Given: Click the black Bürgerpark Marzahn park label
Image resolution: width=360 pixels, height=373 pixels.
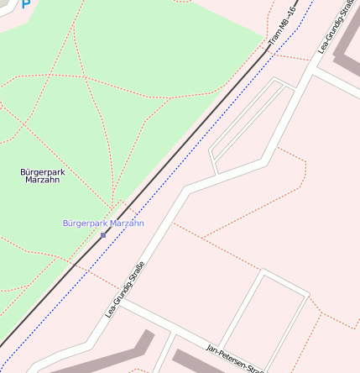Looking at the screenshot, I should coord(43,176).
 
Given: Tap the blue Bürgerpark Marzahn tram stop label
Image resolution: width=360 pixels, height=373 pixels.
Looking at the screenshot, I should coord(103,223).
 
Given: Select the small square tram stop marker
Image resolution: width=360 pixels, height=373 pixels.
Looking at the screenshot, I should coord(103,235).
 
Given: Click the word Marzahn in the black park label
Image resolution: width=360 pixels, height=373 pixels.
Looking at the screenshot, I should coord(43,180).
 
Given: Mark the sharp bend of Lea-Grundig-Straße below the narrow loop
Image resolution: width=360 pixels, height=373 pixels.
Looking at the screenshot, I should coord(185,192).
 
